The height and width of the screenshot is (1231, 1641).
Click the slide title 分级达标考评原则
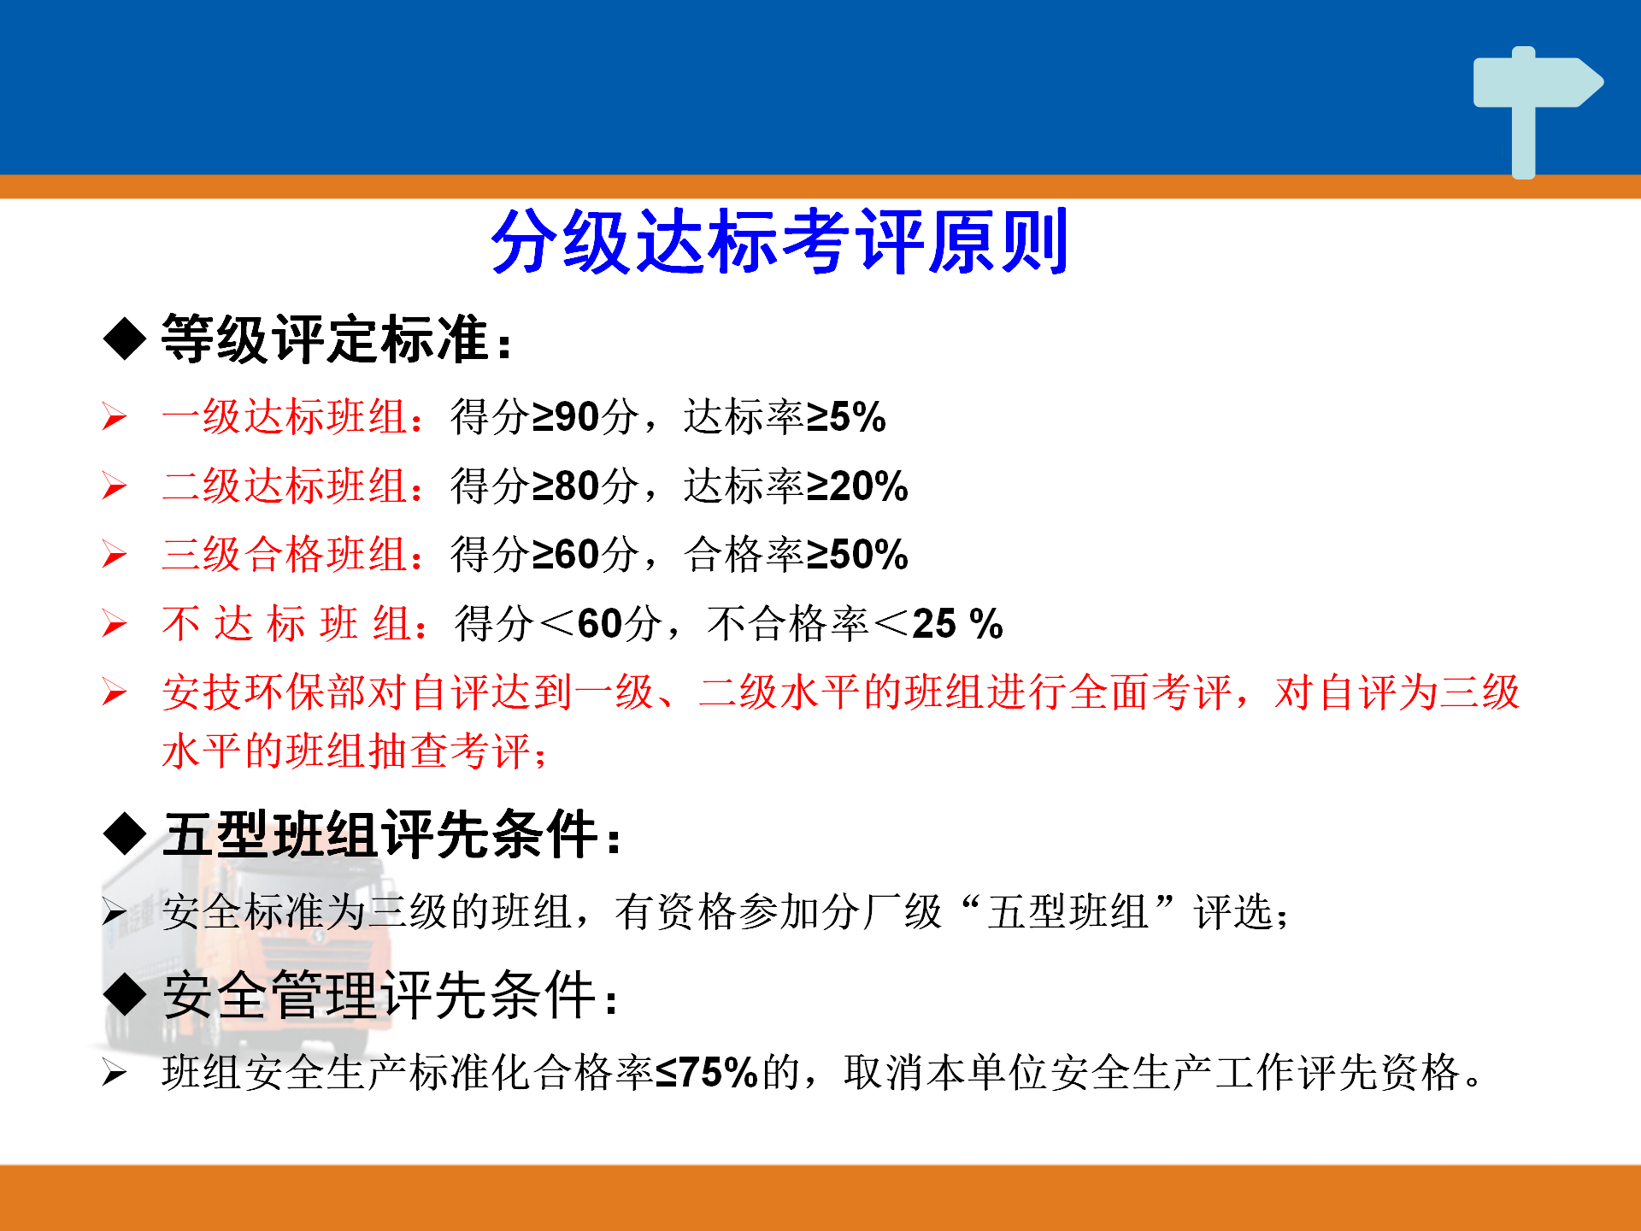[x=779, y=241]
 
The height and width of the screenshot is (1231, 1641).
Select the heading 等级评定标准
[x=325, y=339]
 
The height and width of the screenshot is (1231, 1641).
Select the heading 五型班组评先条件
[x=380, y=834]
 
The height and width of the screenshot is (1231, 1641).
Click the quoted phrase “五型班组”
[x=1068, y=911]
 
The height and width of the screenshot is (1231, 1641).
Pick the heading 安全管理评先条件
[x=379, y=995]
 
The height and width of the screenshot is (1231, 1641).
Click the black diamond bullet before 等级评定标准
[x=125, y=339]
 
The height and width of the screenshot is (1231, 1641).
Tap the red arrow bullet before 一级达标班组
[x=115, y=417]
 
